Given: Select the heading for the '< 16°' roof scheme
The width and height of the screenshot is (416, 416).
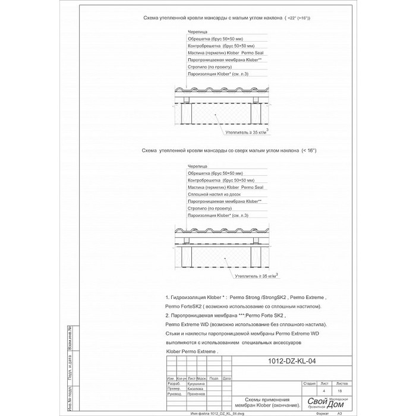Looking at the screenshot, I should pos(229,152).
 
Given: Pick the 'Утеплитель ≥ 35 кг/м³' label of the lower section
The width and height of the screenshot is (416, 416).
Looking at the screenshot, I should pos(257,275).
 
